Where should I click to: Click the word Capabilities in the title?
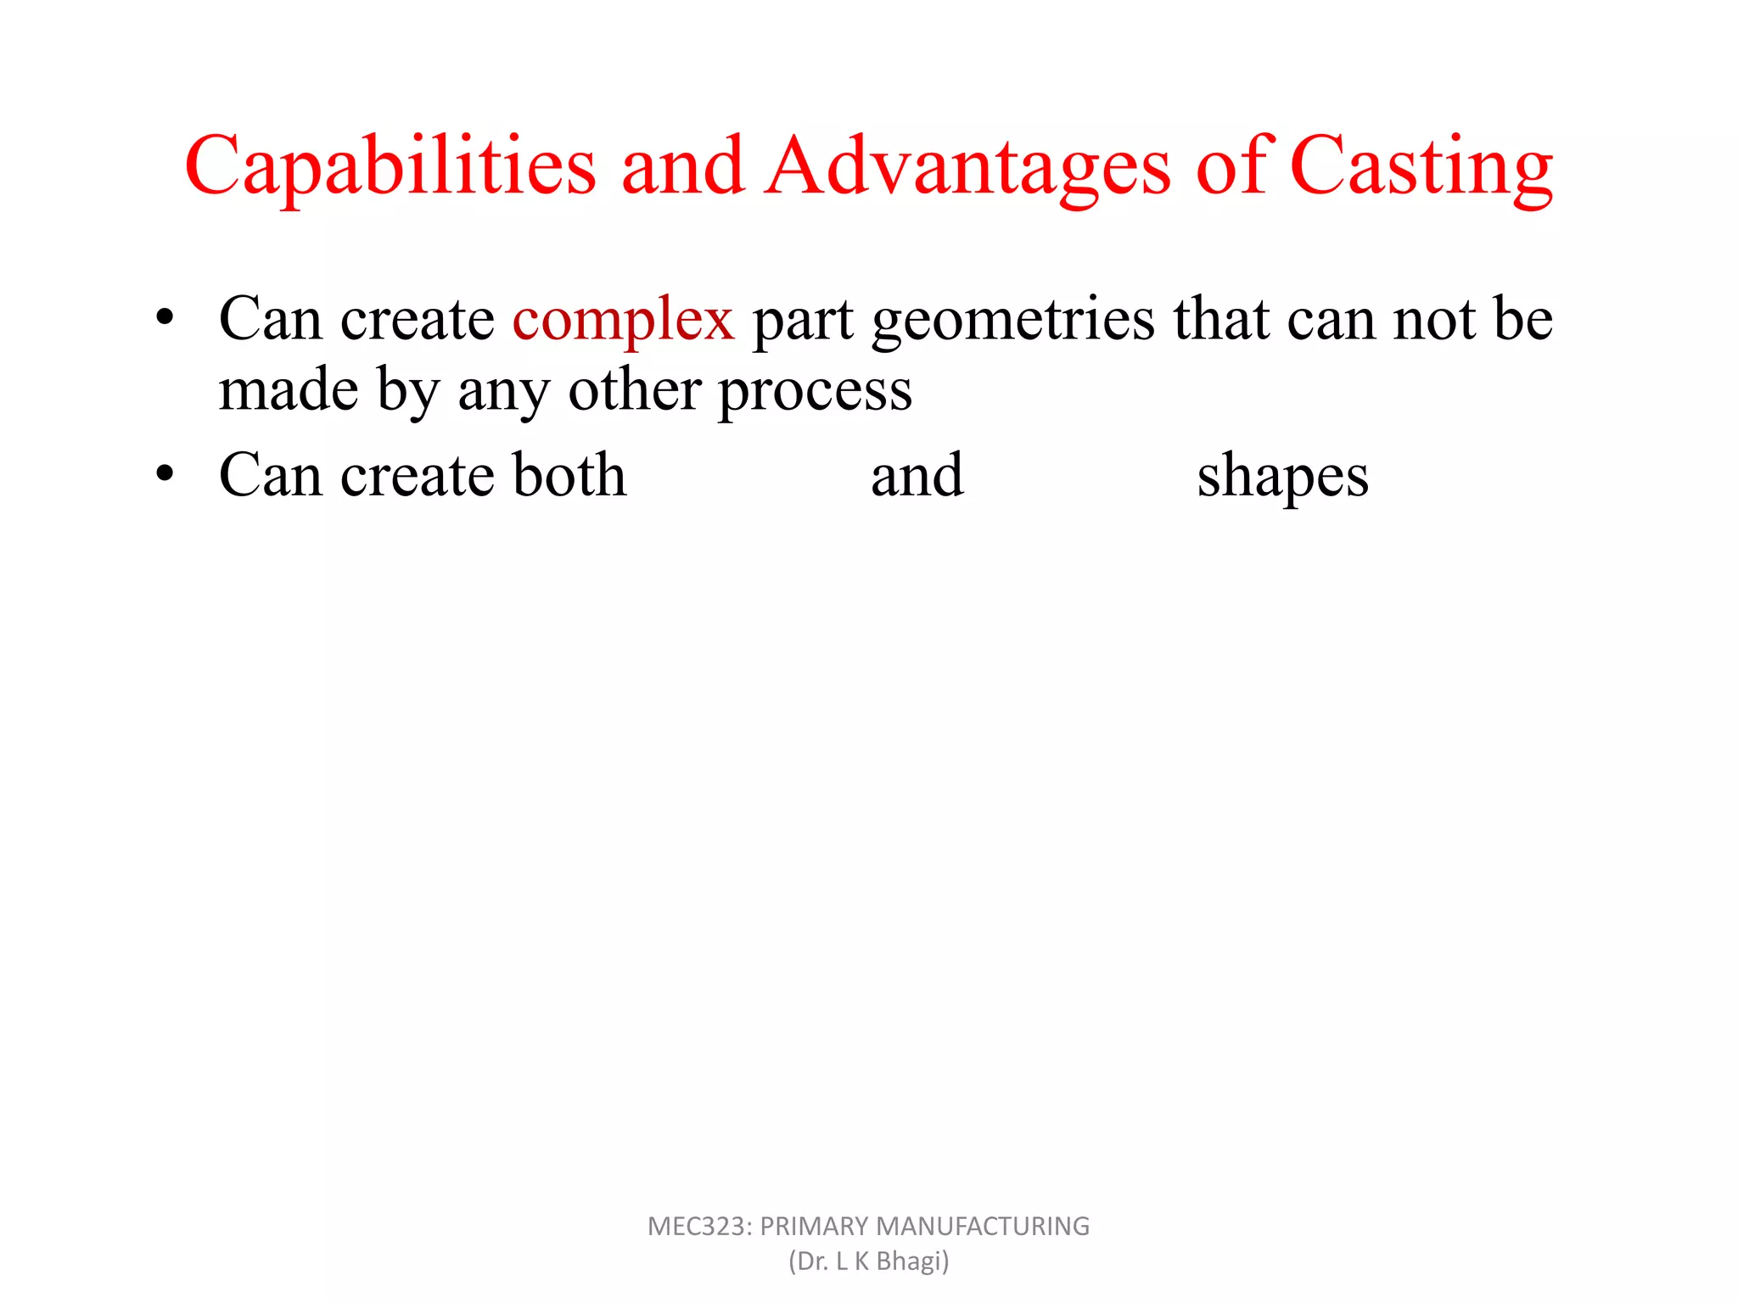[391, 166]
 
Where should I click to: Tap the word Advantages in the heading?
[967, 166]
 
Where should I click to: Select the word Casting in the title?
[1421, 166]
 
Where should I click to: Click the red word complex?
[623, 321]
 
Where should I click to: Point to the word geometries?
[1013, 321]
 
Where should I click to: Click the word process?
[816, 392]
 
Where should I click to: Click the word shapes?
[1282, 477]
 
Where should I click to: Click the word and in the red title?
[683, 166]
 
